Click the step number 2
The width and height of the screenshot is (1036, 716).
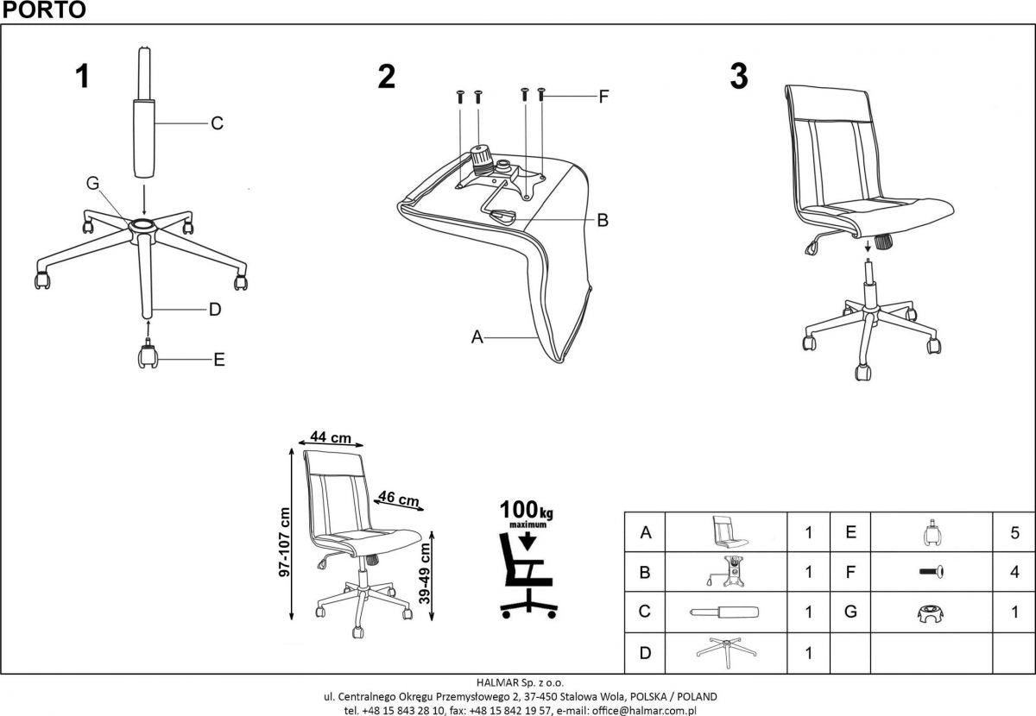[387, 77]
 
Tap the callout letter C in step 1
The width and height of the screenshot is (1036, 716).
[218, 123]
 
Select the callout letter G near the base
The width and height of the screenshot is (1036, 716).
[93, 183]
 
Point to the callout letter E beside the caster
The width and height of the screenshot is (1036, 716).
[218, 360]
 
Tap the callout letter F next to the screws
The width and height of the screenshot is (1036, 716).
[603, 97]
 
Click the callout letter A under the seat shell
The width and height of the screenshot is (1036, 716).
[476, 338]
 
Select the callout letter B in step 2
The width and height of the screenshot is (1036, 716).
[603, 220]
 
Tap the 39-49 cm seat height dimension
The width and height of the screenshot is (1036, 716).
[425, 574]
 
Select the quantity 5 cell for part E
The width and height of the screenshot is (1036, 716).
[1014, 533]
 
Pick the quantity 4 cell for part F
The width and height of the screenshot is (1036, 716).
[1014, 572]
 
